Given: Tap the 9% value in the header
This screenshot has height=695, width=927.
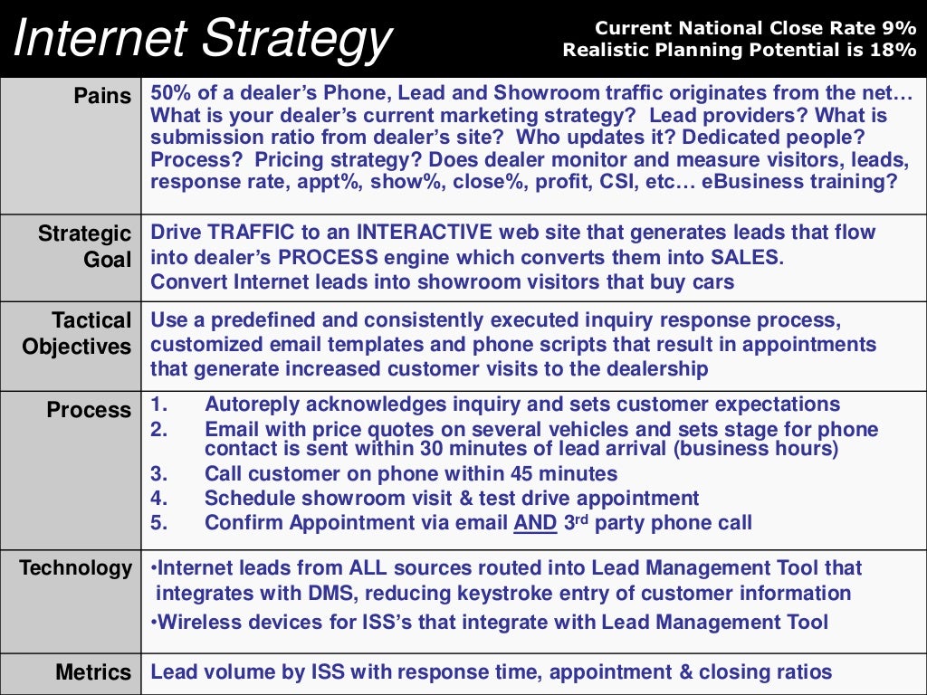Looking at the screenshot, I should click(898, 29).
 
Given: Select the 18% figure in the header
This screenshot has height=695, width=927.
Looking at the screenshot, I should click(895, 51).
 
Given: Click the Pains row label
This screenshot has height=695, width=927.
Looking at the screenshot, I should click(102, 96).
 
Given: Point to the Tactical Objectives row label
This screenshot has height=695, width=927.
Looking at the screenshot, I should click(77, 334).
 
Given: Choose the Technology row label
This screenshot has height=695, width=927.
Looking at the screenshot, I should click(76, 568).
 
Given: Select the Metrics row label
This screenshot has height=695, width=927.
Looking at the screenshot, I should click(93, 672).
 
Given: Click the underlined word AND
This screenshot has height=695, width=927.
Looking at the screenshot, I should click(535, 523).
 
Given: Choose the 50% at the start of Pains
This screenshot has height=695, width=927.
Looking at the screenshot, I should click(170, 93).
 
